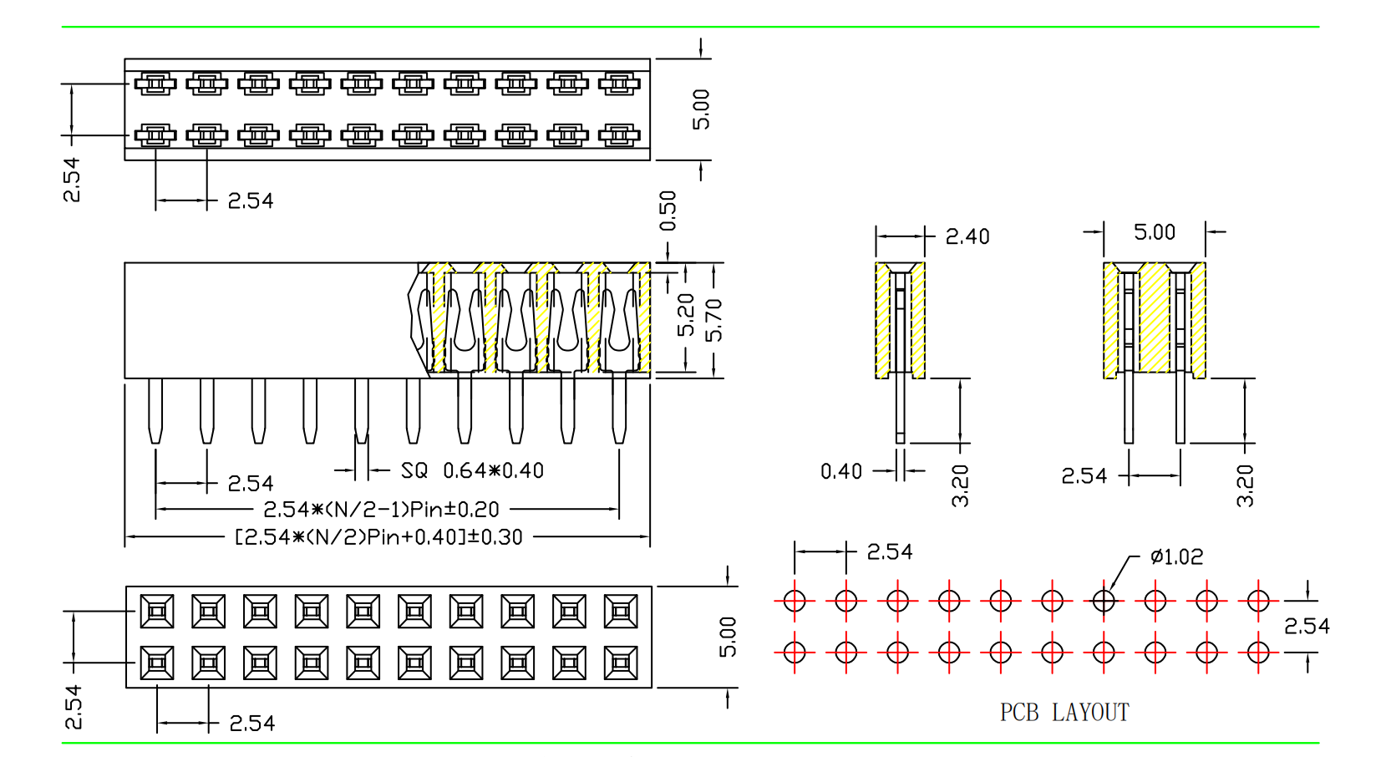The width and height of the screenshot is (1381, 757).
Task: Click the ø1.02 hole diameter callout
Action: (1176, 556)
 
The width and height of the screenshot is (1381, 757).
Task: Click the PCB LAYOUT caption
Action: (1064, 713)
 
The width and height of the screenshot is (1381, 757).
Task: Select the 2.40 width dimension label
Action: (967, 237)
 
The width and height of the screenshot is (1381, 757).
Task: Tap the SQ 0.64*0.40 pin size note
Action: (472, 471)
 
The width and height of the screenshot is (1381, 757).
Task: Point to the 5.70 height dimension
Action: (713, 320)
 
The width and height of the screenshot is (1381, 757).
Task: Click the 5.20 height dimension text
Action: (686, 315)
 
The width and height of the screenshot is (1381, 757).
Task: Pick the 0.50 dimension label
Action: (668, 211)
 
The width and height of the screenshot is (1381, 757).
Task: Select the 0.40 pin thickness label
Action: (840, 472)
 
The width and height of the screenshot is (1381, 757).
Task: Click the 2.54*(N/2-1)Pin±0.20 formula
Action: (381, 510)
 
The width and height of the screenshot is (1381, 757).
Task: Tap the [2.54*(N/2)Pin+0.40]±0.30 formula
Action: (378, 536)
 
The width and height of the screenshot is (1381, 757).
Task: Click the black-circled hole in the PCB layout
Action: (1104, 600)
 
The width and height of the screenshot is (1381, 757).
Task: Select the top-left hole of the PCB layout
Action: (795, 600)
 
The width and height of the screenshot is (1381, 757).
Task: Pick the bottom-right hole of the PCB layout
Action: (1258, 652)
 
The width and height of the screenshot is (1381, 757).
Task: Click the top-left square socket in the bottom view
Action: (157, 612)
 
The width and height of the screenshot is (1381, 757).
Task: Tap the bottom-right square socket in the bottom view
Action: (621, 663)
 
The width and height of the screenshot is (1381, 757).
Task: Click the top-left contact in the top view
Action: (155, 84)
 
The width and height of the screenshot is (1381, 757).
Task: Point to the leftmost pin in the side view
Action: (155, 411)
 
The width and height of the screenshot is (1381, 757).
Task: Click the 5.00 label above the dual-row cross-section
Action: (1154, 232)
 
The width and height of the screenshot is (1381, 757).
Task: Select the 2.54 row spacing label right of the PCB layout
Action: (1307, 626)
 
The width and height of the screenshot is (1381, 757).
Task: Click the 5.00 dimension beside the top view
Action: (702, 109)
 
